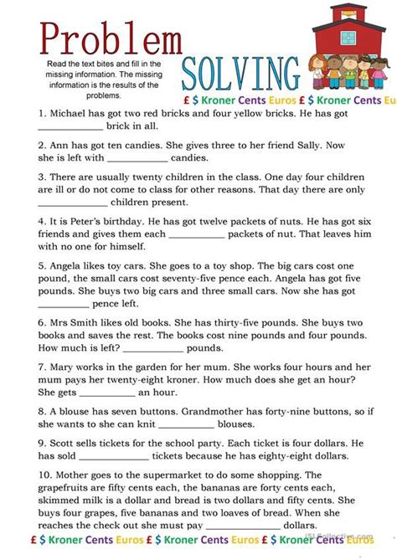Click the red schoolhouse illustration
point(353,46)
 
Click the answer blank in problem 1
point(70,127)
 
